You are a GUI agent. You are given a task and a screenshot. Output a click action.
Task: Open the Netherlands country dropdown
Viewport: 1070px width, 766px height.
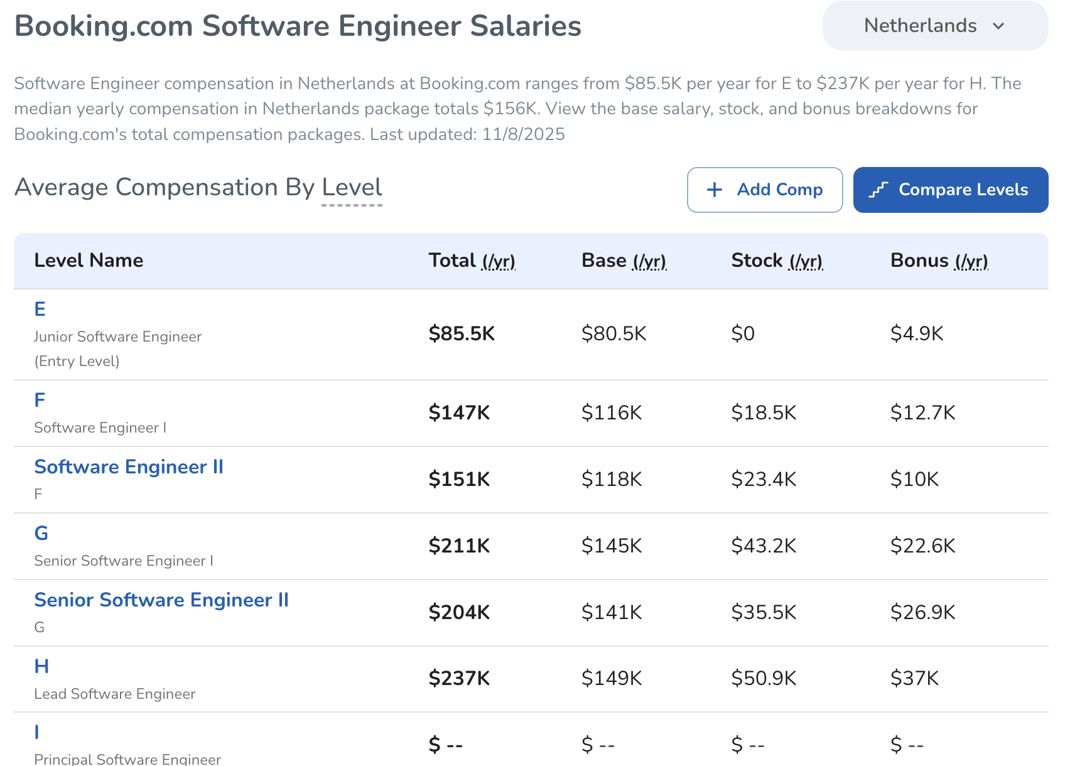934,26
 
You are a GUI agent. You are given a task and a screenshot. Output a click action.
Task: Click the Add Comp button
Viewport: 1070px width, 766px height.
764,190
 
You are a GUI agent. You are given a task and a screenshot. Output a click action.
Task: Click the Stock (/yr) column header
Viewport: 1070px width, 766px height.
777,261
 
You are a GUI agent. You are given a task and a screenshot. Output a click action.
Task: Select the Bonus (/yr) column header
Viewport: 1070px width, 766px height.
939,261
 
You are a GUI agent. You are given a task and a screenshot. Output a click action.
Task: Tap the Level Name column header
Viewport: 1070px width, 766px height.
89,261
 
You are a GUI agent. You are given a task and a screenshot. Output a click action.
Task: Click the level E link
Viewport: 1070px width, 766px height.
40,309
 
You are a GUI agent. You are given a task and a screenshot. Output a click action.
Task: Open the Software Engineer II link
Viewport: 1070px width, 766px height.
129,467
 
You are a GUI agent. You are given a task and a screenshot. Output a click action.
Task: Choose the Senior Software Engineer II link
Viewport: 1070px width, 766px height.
161,600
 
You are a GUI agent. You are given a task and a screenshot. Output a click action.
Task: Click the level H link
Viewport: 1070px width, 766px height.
41,666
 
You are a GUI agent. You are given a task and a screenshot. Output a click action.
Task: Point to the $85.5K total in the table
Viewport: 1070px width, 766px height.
462,333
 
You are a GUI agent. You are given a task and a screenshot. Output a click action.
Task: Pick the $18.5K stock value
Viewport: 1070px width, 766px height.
764,413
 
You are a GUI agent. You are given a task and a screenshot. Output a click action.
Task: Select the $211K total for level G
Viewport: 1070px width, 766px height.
459,546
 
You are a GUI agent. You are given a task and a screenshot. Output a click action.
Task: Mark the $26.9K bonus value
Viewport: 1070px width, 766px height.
922,612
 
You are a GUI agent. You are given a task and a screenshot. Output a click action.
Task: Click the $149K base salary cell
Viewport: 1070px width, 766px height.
612,678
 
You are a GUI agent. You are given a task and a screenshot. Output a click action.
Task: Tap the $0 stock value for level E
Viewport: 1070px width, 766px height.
743,333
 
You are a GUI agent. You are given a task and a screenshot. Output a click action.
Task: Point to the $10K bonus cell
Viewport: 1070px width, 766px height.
914,479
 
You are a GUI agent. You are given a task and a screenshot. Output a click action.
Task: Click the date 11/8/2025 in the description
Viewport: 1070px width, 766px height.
524,134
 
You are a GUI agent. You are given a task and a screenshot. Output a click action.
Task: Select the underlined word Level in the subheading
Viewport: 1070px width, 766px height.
352,188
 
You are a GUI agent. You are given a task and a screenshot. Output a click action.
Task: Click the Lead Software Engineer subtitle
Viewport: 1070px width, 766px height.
115,694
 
